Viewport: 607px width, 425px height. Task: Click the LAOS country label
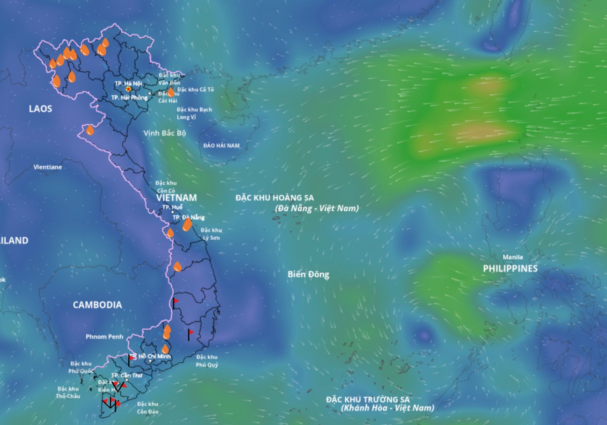click(40, 109)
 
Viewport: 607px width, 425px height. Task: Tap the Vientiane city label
click(48, 167)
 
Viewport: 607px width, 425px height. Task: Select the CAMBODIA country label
click(97, 305)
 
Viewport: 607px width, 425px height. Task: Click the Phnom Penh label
click(104, 337)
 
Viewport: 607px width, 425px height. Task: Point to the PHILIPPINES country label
click(510, 268)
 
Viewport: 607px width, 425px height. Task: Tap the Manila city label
click(513, 257)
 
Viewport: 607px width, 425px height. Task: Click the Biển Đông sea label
click(308, 274)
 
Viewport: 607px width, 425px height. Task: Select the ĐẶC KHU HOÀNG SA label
click(275, 198)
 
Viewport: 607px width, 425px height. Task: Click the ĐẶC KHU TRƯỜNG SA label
click(368, 399)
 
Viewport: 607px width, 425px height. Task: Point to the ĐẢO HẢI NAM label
click(221, 146)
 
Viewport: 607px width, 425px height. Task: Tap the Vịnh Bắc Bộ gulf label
click(164, 133)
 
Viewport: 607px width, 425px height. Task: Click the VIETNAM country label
click(177, 198)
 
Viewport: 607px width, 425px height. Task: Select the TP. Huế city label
click(172, 207)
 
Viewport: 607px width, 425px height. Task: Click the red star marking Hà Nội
click(129, 89)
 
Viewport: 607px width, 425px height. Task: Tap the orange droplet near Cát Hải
click(171, 92)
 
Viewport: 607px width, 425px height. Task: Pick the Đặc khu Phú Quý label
click(207, 361)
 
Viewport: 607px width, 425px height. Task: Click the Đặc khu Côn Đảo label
click(147, 408)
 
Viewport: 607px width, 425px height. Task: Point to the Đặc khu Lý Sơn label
click(211, 234)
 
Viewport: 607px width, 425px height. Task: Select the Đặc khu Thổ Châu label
click(68, 392)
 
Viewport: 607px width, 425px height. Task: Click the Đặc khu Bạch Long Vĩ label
click(194, 113)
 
